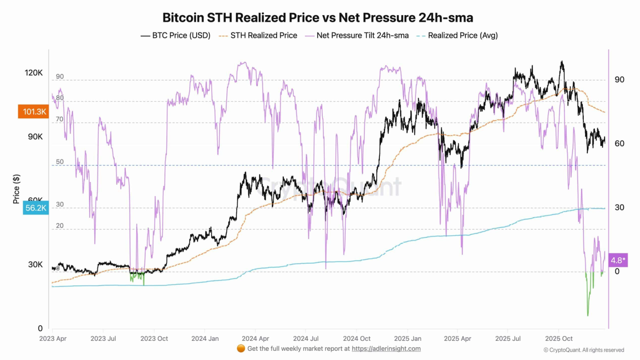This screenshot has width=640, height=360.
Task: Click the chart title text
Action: coord(318,18)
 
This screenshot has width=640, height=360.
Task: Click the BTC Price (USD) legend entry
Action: coord(176,35)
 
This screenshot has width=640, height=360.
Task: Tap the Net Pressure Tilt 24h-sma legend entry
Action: coord(358,35)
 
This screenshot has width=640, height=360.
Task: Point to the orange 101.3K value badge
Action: coord(33,112)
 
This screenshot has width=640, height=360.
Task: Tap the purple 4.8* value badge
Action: coord(618,260)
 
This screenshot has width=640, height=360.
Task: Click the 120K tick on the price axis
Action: coord(34,73)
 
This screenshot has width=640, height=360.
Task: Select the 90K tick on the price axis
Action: coord(35,137)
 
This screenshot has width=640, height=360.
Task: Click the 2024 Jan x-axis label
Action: coord(204,339)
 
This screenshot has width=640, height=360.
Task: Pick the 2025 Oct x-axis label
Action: coord(560,339)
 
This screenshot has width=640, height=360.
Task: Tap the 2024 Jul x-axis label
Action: coord(306,339)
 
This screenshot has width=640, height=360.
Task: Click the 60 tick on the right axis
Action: coord(619,144)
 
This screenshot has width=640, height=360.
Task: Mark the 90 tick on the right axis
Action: coord(619,80)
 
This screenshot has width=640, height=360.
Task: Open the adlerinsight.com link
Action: coord(386,349)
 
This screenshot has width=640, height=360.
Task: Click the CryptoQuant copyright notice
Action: coord(584,350)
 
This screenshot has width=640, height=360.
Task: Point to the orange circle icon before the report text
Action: coord(241,349)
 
